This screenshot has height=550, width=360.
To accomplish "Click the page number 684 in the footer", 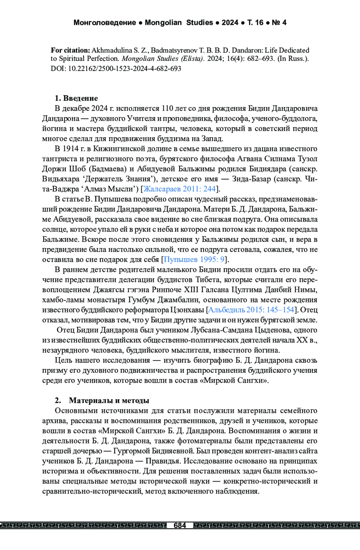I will pos(180,525).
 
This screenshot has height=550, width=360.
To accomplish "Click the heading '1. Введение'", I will pos(76,98).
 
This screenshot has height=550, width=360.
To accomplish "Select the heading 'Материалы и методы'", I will pos(109,400).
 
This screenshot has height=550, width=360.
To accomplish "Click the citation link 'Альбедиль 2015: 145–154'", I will pos(251,310).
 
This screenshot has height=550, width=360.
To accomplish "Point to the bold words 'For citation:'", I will pos(70,50).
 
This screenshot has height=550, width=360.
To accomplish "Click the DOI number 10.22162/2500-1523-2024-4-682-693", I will pos(124,69).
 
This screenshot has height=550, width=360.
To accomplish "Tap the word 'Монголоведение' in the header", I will pos(104,22).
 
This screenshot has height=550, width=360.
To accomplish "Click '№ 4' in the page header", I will pos(279,22).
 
